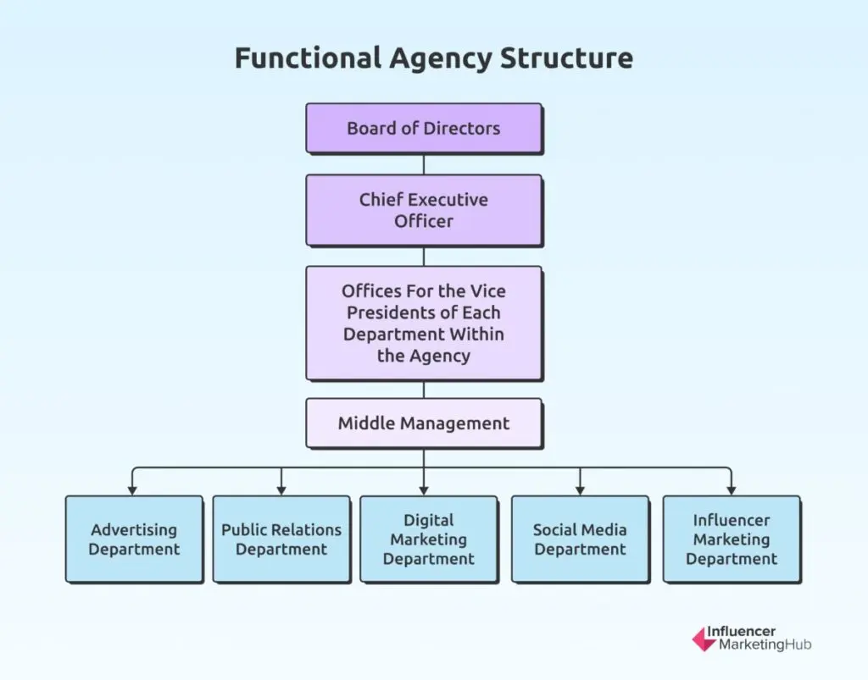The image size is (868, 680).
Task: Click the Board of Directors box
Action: click(424, 128)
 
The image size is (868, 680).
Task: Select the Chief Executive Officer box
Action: click(424, 210)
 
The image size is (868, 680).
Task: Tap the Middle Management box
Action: click(424, 423)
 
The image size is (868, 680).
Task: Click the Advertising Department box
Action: click(134, 539)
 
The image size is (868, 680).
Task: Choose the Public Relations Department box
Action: click(281, 539)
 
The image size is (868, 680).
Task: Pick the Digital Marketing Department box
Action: click(428, 539)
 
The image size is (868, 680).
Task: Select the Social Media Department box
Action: click(580, 539)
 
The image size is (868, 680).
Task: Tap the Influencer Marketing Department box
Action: click(731, 539)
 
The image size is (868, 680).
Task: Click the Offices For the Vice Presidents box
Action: click(424, 323)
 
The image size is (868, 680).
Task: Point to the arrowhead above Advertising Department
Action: click(131, 489)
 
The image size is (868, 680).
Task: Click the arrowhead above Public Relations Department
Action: click(281, 489)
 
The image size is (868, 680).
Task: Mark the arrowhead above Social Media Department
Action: click(580, 489)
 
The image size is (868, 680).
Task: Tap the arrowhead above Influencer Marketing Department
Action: click(731, 489)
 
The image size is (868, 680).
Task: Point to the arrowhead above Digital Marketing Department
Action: click(424, 489)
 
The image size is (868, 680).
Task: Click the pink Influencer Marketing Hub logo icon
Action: click(704, 639)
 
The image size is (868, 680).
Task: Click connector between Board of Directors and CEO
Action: click(424, 164)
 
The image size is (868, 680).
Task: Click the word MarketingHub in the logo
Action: click(765, 646)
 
